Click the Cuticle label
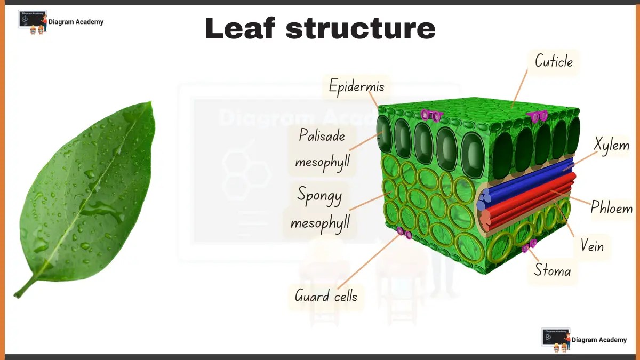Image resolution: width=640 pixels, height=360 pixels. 554,62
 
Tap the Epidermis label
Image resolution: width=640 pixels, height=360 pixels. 356,86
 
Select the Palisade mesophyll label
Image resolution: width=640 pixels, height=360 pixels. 322,149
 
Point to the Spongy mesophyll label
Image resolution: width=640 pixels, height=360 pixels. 320,209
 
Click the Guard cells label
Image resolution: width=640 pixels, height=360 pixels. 326,296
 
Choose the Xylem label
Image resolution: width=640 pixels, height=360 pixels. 612,145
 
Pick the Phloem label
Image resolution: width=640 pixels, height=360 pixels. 611,208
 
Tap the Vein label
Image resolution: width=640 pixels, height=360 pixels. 593,246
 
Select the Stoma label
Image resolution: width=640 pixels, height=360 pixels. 553,271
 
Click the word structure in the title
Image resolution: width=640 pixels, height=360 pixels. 361,29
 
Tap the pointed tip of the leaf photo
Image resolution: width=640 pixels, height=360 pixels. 151,103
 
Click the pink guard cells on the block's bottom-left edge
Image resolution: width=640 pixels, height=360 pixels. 404,233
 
